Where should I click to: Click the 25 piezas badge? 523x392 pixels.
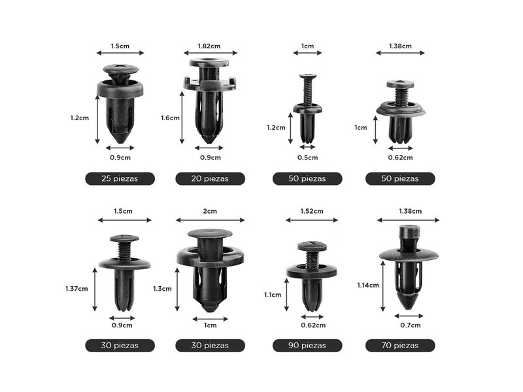120,178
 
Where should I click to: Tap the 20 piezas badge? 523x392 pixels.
210,178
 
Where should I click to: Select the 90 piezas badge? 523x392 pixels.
307,346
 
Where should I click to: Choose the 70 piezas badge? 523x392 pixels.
400,346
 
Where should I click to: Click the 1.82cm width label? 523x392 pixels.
209,46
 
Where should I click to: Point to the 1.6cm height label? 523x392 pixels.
170,118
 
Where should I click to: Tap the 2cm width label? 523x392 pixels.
210,211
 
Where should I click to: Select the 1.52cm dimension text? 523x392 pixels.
312,211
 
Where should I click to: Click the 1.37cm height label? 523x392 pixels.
76,289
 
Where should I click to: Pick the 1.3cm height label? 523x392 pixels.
162,289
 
